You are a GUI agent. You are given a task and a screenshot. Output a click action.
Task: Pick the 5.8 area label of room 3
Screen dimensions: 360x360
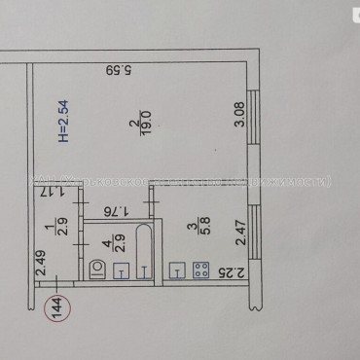[203, 226]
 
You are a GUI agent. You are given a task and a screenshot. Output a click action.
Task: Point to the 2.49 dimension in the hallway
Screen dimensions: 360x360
[42, 266]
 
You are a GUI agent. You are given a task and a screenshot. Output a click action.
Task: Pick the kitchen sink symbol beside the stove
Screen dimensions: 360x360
[177, 271]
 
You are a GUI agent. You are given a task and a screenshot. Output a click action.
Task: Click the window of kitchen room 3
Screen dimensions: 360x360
[258, 232]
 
